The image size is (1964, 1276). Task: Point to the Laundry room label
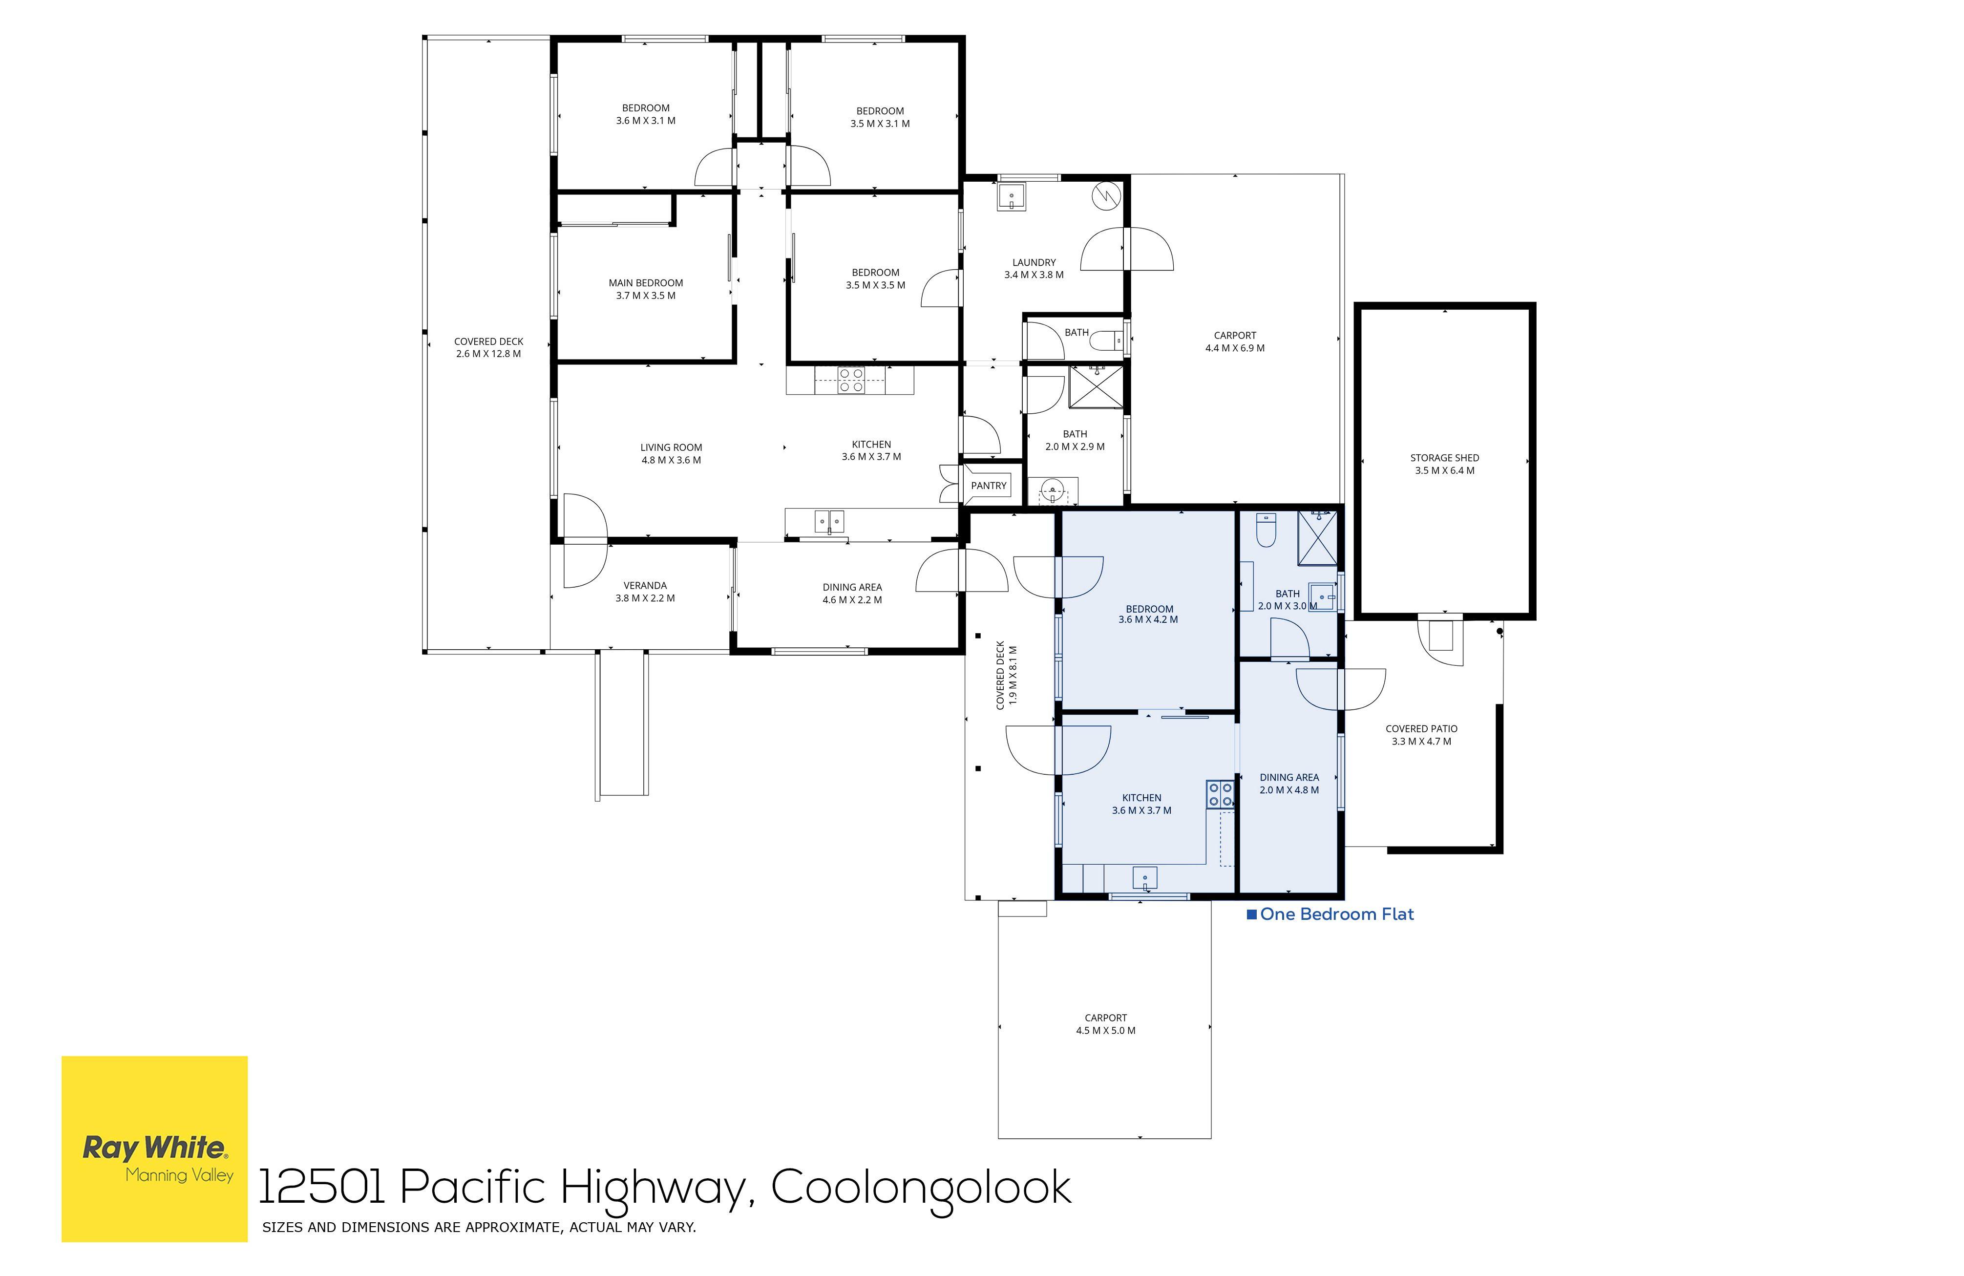(1034, 262)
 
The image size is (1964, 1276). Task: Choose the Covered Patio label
(1421, 729)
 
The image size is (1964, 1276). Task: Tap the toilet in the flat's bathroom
(1266, 531)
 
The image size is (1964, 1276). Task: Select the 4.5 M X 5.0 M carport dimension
(1106, 1031)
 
